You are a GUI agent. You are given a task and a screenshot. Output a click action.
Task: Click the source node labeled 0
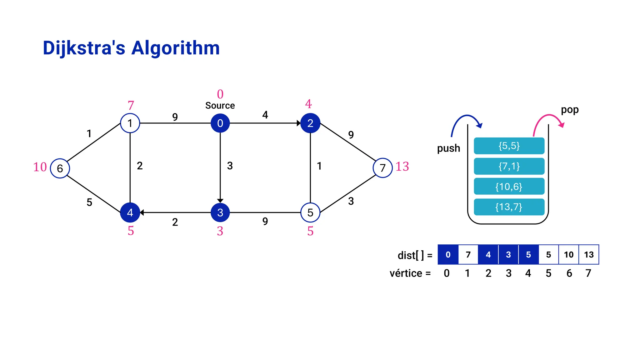point(220,123)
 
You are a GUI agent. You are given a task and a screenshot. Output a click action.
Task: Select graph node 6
point(60,168)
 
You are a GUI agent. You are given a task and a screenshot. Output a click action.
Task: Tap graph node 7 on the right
point(382,168)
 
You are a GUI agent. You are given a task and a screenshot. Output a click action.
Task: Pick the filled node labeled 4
point(130,212)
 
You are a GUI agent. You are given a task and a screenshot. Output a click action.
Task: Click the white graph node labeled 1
point(130,123)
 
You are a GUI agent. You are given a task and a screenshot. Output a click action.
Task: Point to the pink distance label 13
point(402,167)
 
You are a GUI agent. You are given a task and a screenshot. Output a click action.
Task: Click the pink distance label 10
point(40,167)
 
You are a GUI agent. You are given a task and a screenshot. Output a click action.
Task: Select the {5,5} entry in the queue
point(509,146)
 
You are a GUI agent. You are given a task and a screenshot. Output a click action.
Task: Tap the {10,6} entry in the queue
point(509,187)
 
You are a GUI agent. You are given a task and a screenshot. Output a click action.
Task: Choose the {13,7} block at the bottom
point(509,207)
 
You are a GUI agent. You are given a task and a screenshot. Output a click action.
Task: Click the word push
point(448,148)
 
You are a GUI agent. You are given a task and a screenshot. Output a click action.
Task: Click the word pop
point(569,110)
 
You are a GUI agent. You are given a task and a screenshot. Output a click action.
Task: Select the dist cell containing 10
point(568,255)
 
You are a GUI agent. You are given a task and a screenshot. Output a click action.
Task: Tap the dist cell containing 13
point(589,255)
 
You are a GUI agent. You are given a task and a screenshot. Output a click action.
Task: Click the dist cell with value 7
point(468,255)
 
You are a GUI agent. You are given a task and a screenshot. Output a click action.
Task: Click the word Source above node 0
point(220,106)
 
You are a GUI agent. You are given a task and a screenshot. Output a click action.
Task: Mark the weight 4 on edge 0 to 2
point(265,115)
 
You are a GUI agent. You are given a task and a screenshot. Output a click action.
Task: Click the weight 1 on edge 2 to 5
point(319,166)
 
